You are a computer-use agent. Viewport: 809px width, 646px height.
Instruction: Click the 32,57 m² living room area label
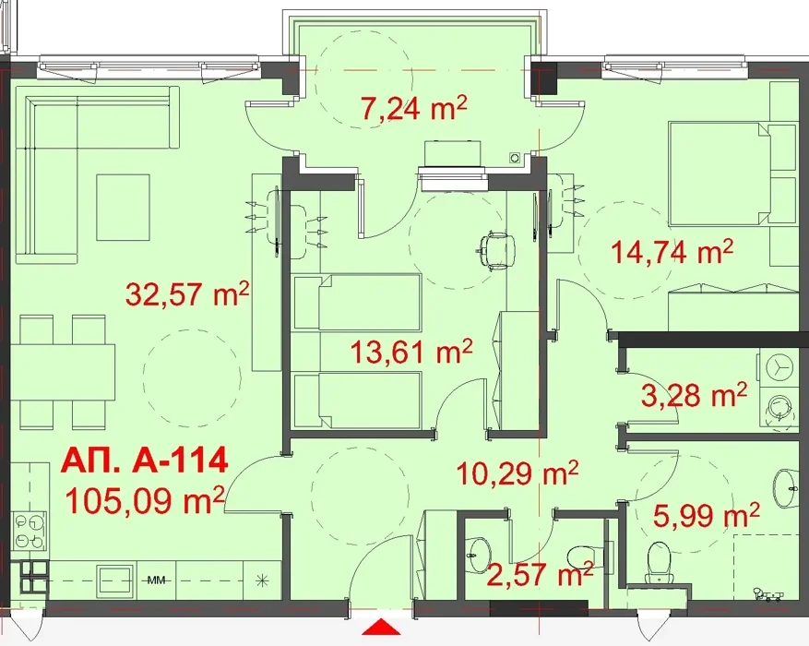click(187, 294)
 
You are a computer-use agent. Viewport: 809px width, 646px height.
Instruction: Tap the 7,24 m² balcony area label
click(414, 109)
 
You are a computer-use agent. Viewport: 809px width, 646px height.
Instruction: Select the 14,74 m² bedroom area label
click(672, 253)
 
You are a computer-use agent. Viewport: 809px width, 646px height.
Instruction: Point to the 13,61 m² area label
click(411, 352)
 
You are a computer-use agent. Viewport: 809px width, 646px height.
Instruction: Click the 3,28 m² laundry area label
click(694, 395)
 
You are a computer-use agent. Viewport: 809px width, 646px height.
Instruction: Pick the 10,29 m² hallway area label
click(518, 473)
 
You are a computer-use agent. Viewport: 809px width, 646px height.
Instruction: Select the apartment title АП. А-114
click(145, 461)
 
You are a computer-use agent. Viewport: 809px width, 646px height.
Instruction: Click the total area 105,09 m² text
click(145, 501)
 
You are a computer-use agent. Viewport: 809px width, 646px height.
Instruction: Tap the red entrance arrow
click(381, 628)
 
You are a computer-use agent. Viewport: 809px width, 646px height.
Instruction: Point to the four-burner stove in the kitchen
click(30, 530)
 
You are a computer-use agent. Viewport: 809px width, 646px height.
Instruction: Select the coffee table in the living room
click(123, 207)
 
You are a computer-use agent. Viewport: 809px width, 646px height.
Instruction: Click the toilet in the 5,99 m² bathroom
click(659, 562)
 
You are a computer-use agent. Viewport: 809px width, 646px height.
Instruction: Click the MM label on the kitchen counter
click(156, 580)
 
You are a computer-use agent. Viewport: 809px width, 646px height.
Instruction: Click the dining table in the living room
click(63, 372)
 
